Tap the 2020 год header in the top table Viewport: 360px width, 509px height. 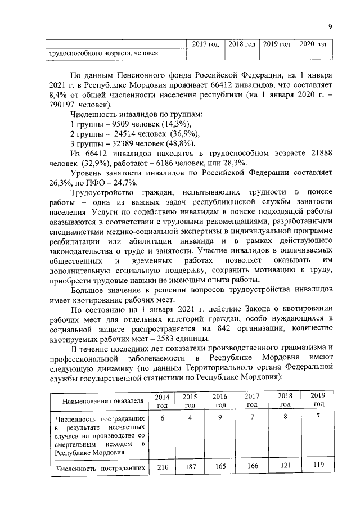[313, 43]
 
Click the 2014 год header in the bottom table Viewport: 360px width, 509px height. [163, 400]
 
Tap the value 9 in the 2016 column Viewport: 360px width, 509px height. [220, 418]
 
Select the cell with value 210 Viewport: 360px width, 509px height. [163, 466]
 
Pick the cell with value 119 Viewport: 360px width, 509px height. [318, 466]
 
